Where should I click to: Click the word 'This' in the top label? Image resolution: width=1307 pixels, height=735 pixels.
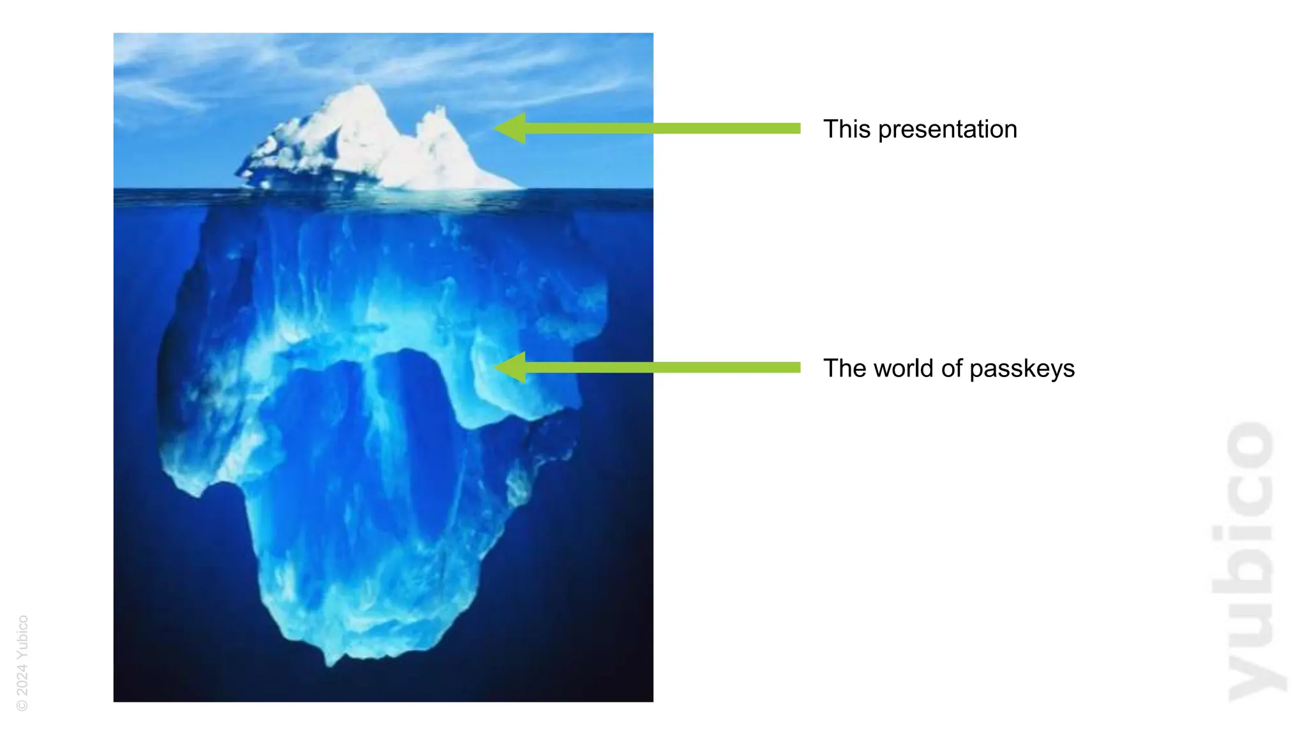[846, 129]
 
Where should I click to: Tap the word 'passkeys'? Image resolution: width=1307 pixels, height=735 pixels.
[1022, 369]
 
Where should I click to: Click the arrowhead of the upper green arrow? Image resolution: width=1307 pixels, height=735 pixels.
[511, 128]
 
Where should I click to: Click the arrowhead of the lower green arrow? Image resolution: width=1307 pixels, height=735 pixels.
[511, 367]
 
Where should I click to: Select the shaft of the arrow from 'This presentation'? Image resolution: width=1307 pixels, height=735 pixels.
[664, 128]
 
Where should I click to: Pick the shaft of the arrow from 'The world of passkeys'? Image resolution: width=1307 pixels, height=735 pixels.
[664, 367]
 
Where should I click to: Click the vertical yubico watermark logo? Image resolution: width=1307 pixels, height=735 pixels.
[1250, 561]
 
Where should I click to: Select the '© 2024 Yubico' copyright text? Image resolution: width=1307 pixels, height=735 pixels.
[22, 663]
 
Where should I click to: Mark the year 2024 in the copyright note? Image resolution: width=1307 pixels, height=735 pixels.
[22, 681]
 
